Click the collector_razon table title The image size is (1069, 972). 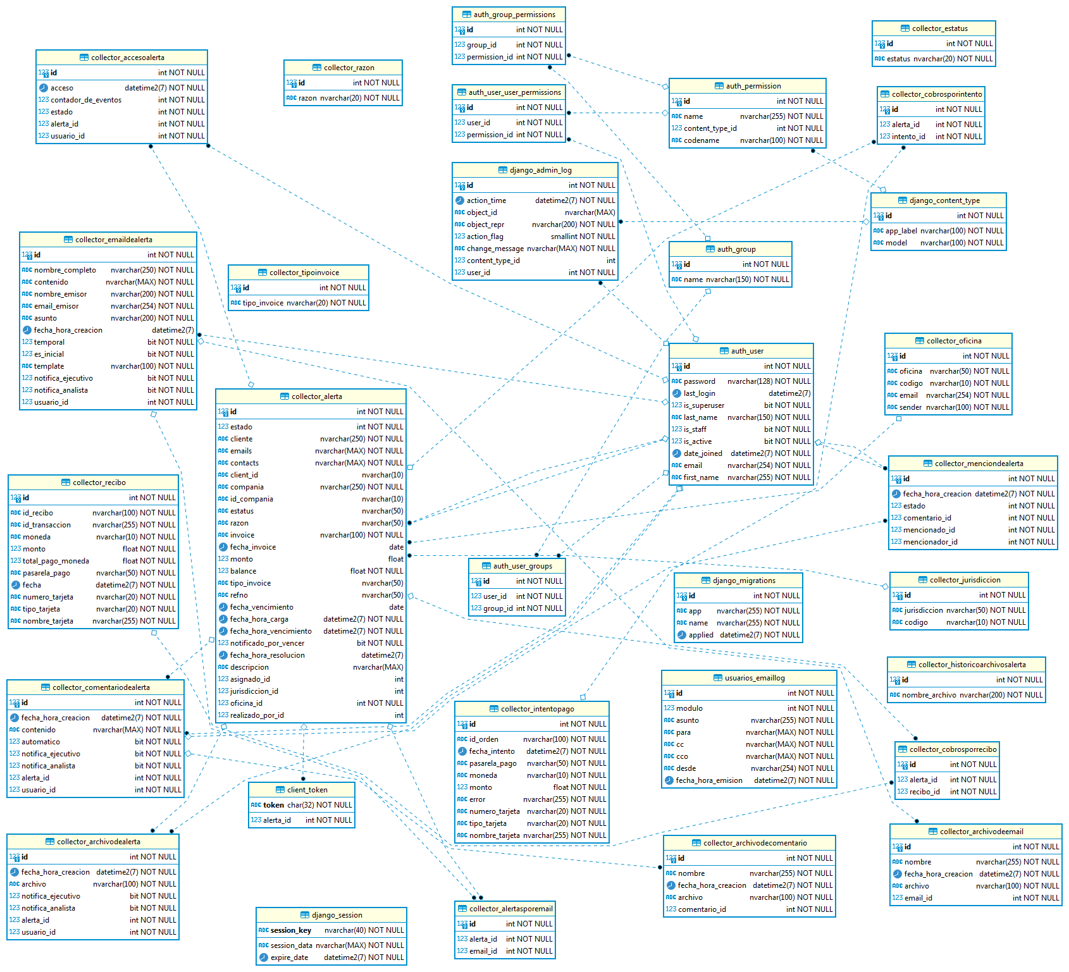[349, 68]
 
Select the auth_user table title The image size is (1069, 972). [747, 351]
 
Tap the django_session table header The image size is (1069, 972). [337, 915]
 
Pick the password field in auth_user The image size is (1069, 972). [699, 381]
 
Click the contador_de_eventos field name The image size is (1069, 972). [86, 100]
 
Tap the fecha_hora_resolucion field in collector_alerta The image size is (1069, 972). [267, 655]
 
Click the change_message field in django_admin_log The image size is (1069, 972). [495, 249]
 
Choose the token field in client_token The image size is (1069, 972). [273, 805]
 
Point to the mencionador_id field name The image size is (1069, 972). [930, 542]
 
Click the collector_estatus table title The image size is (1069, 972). [939, 28]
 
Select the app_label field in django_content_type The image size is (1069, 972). [901, 231]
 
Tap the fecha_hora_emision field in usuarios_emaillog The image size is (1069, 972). [709, 780]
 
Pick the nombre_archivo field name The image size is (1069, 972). [929, 695]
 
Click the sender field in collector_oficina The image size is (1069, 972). [910, 407]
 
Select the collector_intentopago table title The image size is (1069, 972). [537, 709]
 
